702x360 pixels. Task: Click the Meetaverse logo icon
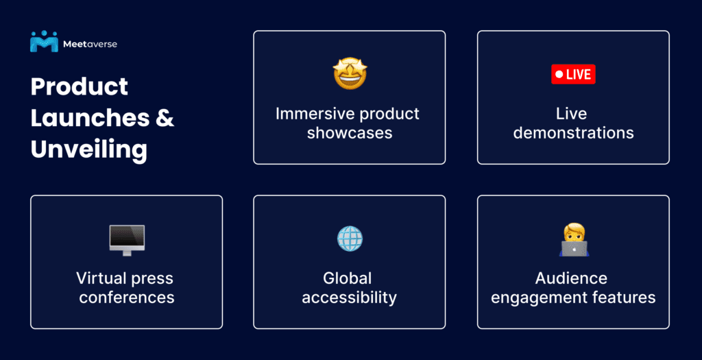(x=44, y=41)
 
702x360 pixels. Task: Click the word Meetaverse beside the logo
(x=90, y=45)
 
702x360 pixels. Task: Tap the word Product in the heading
(x=80, y=86)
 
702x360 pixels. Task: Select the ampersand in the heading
(x=165, y=118)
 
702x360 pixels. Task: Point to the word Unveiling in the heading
(x=88, y=150)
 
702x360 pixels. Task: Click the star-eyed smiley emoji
(x=350, y=73)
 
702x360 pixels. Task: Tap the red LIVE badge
(x=573, y=74)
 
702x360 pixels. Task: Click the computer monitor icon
(x=127, y=241)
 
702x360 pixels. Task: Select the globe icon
(x=350, y=238)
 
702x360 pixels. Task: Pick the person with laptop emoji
(x=574, y=240)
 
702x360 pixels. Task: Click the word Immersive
(x=311, y=114)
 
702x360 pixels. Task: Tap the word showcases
(x=350, y=133)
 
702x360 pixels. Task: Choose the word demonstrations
(x=574, y=133)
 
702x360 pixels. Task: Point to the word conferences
(x=127, y=298)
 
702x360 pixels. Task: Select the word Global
(x=348, y=278)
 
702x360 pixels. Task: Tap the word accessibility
(x=349, y=298)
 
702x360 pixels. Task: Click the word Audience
(x=571, y=278)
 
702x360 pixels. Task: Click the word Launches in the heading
(x=90, y=118)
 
